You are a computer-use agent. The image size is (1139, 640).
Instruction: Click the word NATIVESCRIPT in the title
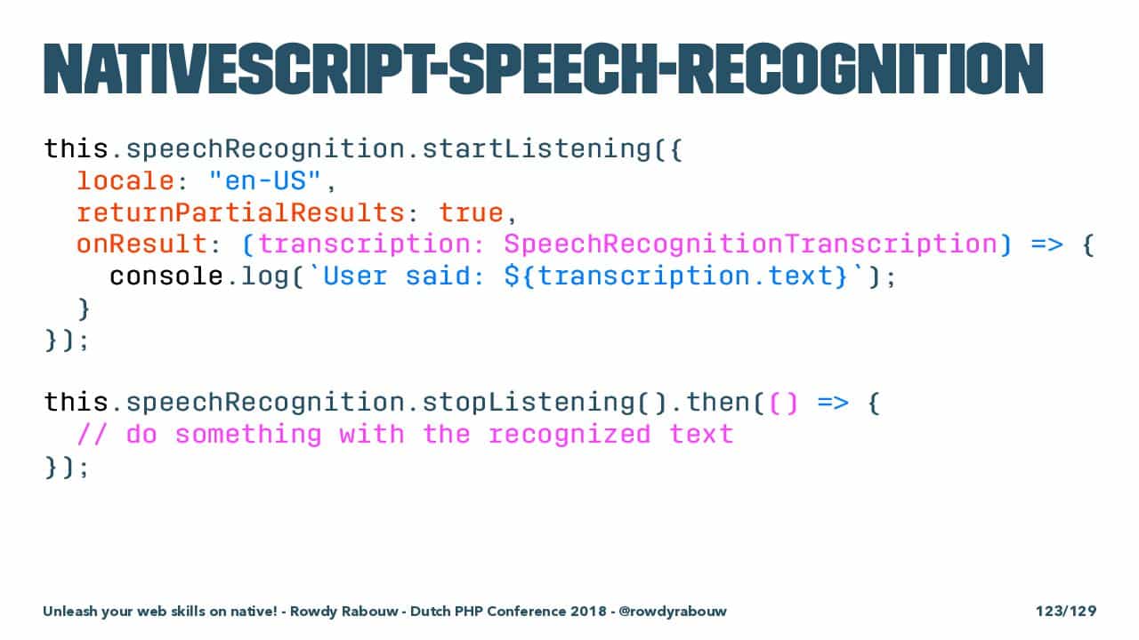pyautogui.click(x=238, y=69)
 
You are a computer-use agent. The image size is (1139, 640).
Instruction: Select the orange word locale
pyautogui.click(x=125, y=180)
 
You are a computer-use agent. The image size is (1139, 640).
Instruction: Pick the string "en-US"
pyautogui.click(x=265, y=180)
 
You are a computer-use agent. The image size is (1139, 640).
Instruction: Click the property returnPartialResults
pyautogui.click(x=240, y=212)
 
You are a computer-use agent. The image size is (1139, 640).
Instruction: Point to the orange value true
pyautogui.click(x=472, y=212)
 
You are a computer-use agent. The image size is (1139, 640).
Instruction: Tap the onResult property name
pyautogui.click(x=141, y=244)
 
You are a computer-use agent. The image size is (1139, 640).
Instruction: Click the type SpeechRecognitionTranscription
pyautogui.click(x=750, y=244)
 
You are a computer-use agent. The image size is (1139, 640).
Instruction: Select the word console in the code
pyautogui.click(x=166, y=276)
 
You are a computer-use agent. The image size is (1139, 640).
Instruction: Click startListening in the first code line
pyautogui.click(x=537, y=149)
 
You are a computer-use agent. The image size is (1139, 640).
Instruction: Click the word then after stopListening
pyautogui.click(x=718, y=403)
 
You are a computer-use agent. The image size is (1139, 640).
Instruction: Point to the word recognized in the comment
pyautogui.click(x=569, y=435)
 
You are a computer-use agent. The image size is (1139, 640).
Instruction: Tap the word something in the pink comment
pyautogui.click(x=248, y=435)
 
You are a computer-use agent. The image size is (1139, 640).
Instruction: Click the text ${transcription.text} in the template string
pyautogui.click(x=675, y=276)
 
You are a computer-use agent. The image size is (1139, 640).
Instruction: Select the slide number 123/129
pyautogui.click(x=1066, y=611)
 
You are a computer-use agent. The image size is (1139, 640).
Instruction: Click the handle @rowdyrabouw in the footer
pyautogui.click(x=673, y=611)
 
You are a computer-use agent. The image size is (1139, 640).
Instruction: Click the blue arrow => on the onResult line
pyautogui.click(x=1046, y=244)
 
